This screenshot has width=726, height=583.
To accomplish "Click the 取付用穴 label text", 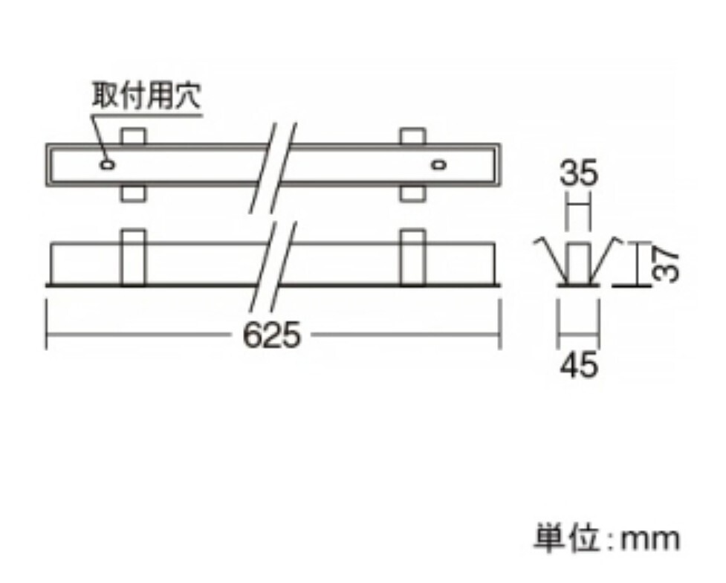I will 146,97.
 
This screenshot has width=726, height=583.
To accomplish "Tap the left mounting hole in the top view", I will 108,164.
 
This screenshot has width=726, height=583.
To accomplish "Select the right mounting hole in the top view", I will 440,164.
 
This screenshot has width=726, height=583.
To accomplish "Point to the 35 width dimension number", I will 579,175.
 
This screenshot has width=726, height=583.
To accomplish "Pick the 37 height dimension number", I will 668,263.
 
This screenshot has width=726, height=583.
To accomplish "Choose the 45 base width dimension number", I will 579,365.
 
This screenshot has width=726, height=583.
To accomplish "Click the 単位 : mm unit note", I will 606,538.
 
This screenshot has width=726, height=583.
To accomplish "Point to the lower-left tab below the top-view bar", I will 132,193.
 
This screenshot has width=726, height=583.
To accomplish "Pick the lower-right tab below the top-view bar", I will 412,193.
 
